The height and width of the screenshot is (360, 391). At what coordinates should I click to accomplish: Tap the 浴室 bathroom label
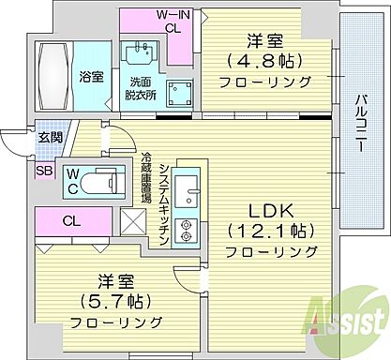click(x=92, y=76)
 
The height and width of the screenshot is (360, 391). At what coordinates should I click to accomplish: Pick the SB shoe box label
click(x=44, y=170)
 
